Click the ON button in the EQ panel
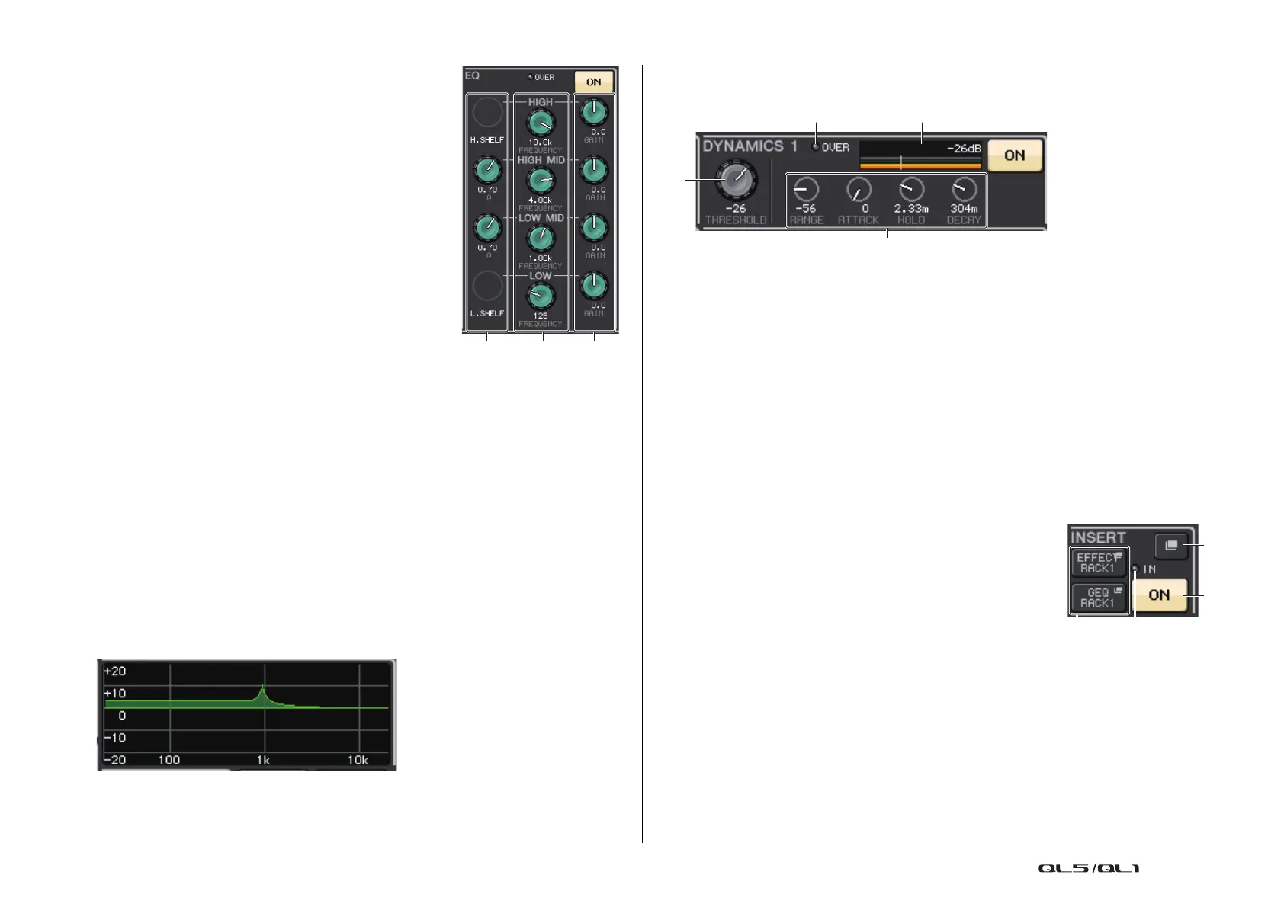tap(593, 82)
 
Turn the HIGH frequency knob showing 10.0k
tap(541, 123)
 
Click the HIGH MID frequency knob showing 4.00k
tap(541, 181)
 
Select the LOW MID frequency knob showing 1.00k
tap(541, 239)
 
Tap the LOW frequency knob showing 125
tap(541, 296)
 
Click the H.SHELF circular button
tap(487, 113)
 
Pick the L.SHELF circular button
tap(487, 286)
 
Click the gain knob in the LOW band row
tap(594, 286)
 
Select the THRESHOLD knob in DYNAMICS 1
tap(735, 180)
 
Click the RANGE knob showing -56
tap(806, 189)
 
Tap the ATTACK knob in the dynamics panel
tap(859, 189)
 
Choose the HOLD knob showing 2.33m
tap(911, 189)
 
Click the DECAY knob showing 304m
tap(964, 189)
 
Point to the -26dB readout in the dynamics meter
tap(964, 149)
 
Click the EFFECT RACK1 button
tap(1098, 563)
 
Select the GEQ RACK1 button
tap(1098, 598)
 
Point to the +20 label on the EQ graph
tap(115, 671)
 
